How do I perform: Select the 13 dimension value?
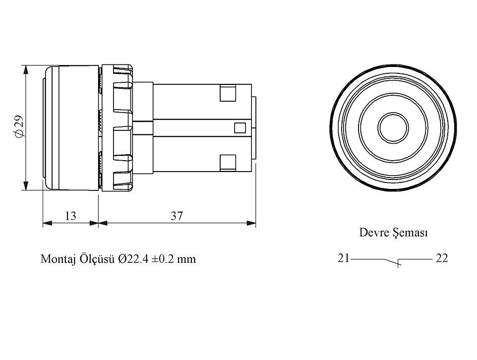pyautogui.click(x=71, y=216)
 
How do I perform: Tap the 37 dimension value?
pyautogui.click(x=177, y=216)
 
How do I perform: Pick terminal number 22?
pyautogui.click(x=442, y=258)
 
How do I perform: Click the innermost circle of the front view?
pyautogui.click(x=392, y=127)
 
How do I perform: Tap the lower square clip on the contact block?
pyautogui.click(x=227, y=162)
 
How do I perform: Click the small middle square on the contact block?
pyautogui.click(x=239, y=127)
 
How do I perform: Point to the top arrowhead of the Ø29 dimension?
pyautogui.click(x=25, y=69)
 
